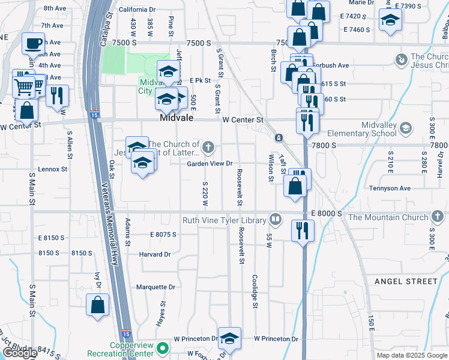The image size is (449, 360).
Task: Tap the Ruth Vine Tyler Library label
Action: (224, 220)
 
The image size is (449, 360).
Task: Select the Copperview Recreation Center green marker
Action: (161, 347)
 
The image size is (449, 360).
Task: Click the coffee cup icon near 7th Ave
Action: (33, 43)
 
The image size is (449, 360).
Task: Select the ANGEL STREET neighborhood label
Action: (406, 281)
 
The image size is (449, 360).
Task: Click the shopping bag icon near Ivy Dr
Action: (97, 305)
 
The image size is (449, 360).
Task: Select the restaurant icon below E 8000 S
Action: (303, 230)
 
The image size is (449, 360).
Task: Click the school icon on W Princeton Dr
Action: (229, 338)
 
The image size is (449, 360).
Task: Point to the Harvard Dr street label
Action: (155, 254)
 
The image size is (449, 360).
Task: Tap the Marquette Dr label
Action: (154, 287)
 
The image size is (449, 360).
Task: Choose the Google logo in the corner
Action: (20, 353)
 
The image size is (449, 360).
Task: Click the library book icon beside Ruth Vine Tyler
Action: (275, 219)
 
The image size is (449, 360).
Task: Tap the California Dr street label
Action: (137, 10)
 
